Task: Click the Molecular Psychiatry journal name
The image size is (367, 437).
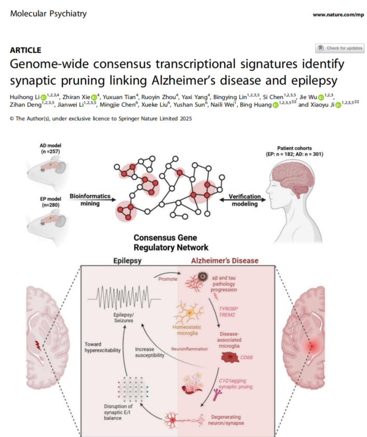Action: click(x=48, y=13)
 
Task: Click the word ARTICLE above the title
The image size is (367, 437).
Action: click(x=25, y=50)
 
